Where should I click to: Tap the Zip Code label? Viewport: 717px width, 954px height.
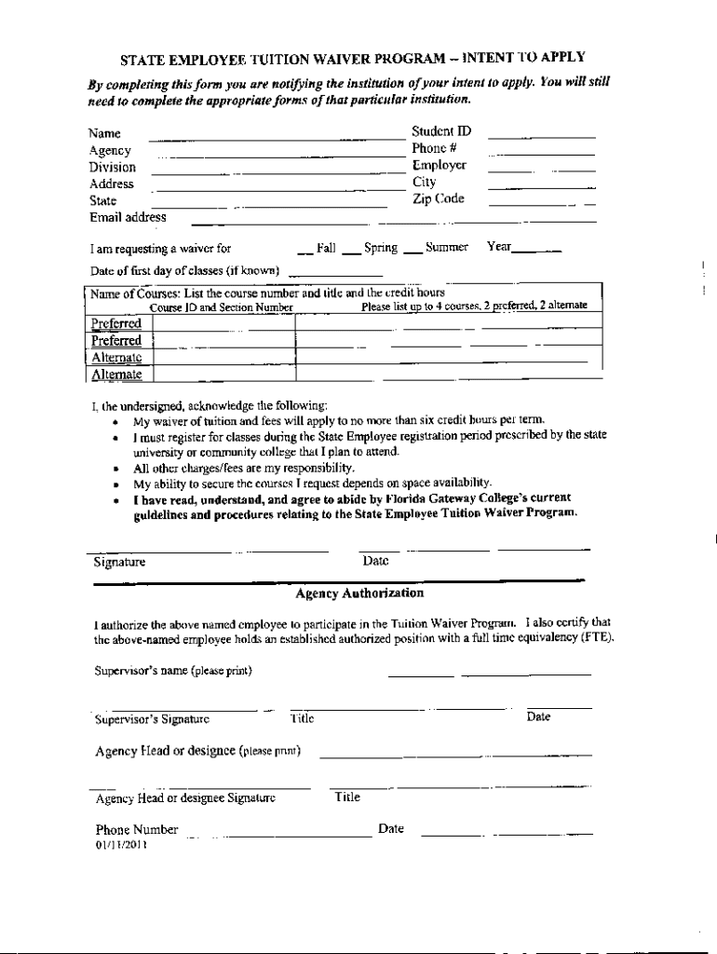438,199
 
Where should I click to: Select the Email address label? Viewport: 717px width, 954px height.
128,217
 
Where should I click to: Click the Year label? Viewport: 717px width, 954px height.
499,248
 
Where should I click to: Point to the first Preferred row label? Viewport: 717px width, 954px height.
116,323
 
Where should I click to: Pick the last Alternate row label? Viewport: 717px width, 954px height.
116,375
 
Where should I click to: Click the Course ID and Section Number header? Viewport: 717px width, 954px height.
222,307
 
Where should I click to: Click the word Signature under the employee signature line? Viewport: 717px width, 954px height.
119,563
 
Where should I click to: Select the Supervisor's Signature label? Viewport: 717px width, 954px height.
153,718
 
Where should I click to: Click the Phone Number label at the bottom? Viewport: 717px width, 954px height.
136,830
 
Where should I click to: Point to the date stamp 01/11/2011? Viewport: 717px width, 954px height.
121,846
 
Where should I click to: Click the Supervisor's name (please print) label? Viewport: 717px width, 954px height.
173,671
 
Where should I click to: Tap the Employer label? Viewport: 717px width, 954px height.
439,166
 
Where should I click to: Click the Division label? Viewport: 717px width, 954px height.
112,168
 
